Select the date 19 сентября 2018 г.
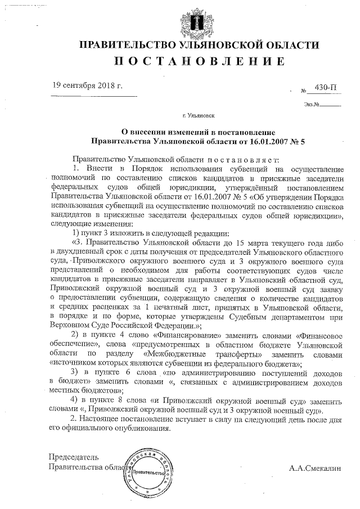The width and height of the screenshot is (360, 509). tap(87, 86)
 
